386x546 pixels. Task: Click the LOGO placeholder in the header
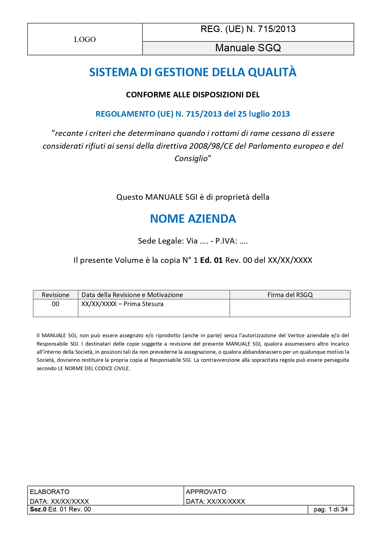pyautogui.click(x=85, y=40)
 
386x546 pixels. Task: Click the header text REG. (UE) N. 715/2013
pyautogui.click(x=248, y=29)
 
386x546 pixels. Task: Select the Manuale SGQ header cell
pyautogui.click(x=248, y=48)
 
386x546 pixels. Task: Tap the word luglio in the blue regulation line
pyautogui.click(x=259, y=114)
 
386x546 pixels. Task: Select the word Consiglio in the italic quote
pyautogui.click(x=191, y=159)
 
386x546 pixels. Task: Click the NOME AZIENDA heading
pyautogui.click(x=193, y=219)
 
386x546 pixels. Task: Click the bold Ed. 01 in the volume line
pyautogui.click(x=211, y=260)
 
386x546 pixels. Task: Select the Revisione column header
pyautogui.click(x=55, y=295)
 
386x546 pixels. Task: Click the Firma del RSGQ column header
pyautogui.click(x=290, y=295)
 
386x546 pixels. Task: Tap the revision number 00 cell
pyautogui.click(x=55, y=304)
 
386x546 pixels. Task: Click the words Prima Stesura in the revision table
pyautogui.click(x=143, y=304)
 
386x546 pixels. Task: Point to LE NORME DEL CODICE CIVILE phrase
pyautogui.click(x=94, y=368)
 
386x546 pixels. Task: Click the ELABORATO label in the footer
pyautogui.click(x=49, y=492)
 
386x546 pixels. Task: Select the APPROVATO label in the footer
pyautogui.click(x=206, y=492)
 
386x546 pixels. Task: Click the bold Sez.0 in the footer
pyautogui.click(x=38, y=510)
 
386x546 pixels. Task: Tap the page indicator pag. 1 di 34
pyautogui.click(x=330, y=510)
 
